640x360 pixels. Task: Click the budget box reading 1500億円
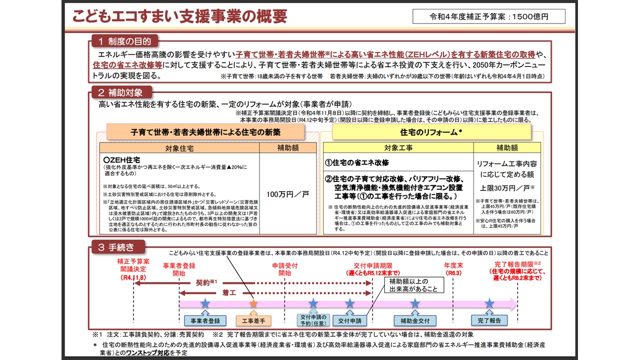click(x=489, y=16)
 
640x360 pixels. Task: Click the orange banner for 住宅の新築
click(x=205, y=132)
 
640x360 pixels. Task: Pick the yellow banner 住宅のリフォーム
click(x=431, y=132)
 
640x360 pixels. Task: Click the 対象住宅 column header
click(x=179, y=148)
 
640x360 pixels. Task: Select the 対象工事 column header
click(x=398, y=148)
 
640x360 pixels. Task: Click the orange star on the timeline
click(x=253, y=303)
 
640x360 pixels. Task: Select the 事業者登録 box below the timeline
click(x=201, y=320)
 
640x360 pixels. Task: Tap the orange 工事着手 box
click(x=253, y=320)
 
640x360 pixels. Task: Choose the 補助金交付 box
click(x=415, y=320)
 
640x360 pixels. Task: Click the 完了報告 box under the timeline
click(x=489, y=320)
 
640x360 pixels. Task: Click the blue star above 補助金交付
click(x=415, y=303)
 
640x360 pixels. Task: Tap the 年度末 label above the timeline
click(x=452, y=265)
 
